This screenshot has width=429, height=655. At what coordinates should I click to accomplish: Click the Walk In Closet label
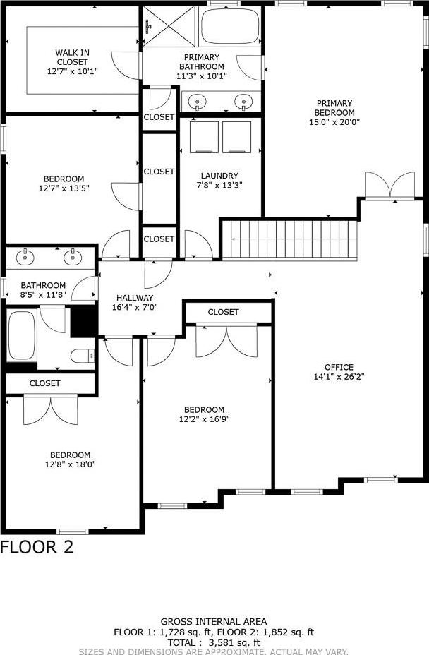(x=72, y=62)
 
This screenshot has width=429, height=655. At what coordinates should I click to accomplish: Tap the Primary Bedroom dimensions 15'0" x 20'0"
(x=334, y=122)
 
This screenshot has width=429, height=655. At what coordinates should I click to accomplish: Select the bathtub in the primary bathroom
(x=230, y=25)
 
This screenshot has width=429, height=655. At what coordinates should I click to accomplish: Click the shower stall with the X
(x=169, y=26)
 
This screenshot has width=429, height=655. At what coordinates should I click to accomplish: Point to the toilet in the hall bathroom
(x=83, y=356)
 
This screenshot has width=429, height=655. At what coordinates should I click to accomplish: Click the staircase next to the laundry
(x=289, y=240)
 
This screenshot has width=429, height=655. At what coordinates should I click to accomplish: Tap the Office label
(x=339, y=367)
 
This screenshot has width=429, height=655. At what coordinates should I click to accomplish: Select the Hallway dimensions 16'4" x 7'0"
(x=135, y=308)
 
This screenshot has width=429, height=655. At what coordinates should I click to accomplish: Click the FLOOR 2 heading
(x=37, y=547)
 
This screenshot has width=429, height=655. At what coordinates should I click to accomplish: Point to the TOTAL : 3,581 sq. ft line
(x=214, y=642)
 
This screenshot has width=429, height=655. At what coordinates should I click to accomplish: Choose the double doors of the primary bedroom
(x=390, y=184)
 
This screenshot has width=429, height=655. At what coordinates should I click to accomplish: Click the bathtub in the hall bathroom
(x=21, y=335)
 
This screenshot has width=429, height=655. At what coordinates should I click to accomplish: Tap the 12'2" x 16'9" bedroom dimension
(x=205, y=419)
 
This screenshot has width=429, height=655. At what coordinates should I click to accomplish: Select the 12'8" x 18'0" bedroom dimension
(x=71, y=464)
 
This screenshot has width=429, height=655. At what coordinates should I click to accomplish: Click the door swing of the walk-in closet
(x=126, y=66)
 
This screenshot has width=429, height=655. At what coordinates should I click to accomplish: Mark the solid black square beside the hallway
(x=83, y=322)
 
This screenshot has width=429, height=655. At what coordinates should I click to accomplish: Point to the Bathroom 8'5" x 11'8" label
(x=44, y=290)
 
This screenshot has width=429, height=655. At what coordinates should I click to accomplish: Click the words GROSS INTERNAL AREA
(x=214, y=622)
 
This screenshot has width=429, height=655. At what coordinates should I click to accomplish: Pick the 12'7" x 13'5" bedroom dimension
(x=64, y=188)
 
